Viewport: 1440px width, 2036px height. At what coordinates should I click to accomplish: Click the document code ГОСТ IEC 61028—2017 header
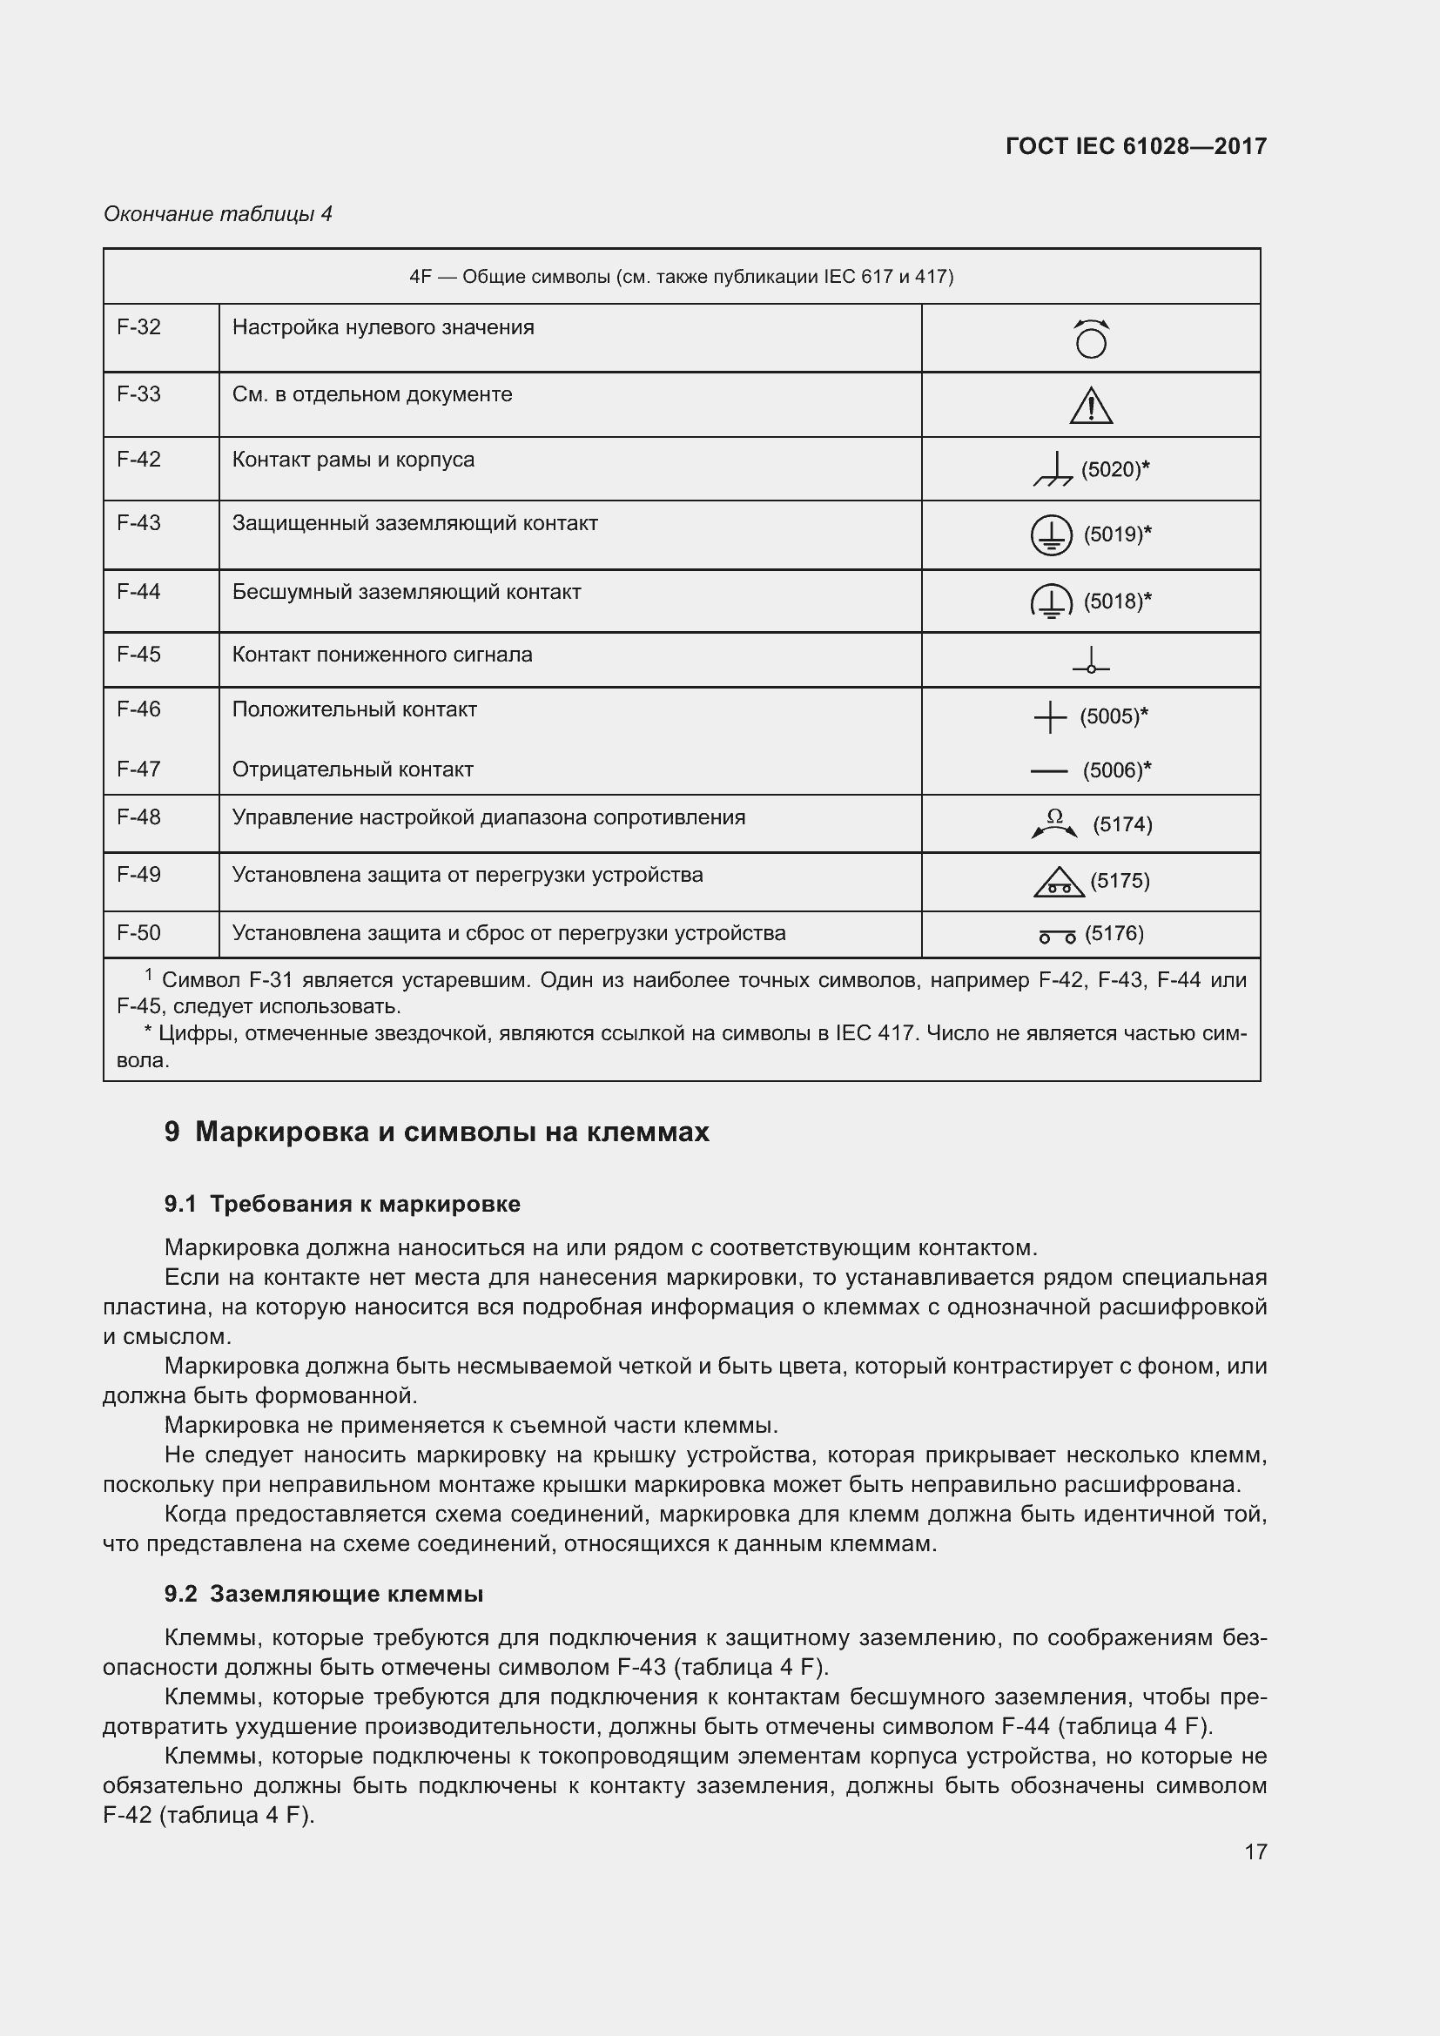coord(1136,146)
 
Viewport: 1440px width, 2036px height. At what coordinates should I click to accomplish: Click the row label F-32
coord(139,327)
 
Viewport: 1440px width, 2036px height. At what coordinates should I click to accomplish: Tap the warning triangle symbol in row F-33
coord(1091,407)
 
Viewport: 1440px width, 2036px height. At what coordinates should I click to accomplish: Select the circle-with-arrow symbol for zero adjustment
coord(1091,339)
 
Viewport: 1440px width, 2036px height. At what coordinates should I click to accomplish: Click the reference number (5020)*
coord(1114,469)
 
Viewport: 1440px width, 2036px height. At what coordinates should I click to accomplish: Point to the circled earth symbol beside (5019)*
coord(1051,534)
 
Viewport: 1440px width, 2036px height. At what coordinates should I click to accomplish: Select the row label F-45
coord(139,655)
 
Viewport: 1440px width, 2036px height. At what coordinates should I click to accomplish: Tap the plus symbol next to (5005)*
coord(1050,716)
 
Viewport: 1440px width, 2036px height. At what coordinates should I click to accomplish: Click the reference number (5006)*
coord(1116,770)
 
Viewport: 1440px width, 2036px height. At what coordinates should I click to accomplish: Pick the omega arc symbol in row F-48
coord(1054,823)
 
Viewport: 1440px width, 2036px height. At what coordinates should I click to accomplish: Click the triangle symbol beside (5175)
coord(1059,883)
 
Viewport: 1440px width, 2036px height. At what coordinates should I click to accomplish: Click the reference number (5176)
coord(1114,933)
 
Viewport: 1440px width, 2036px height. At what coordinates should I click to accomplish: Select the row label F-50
coord(139,933)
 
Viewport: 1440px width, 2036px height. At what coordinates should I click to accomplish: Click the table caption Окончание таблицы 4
coord(219,214)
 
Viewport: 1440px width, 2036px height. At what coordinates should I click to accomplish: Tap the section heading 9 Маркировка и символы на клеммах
coord(436,1132)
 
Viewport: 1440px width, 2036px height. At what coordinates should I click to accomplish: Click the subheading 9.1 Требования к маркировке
coord(342,1204)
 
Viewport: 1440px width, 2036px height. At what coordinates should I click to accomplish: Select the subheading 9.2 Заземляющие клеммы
coord(324,1594)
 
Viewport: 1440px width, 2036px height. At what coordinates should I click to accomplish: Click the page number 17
coord(1255,1851)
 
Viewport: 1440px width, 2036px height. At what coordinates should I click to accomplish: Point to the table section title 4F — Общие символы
coord(681,277)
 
